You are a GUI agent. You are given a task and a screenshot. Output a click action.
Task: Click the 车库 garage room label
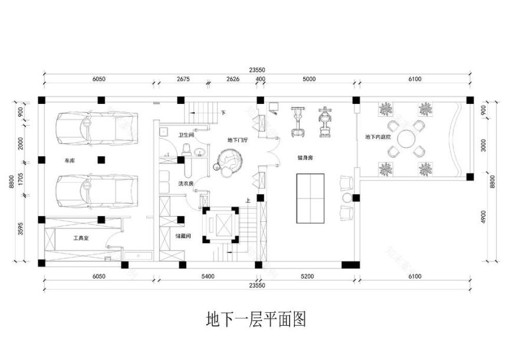(70, 160)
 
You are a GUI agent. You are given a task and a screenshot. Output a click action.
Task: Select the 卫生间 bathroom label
(186, 135)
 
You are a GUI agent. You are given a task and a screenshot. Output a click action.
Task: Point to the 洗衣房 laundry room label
(186, 184)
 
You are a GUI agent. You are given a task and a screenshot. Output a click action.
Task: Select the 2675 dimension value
(183, 79)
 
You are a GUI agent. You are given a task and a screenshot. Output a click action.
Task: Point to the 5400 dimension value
(208, 276)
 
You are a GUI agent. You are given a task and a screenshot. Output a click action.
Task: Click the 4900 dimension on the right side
(483, 220)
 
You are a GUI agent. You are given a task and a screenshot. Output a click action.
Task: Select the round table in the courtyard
(405, 140)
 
